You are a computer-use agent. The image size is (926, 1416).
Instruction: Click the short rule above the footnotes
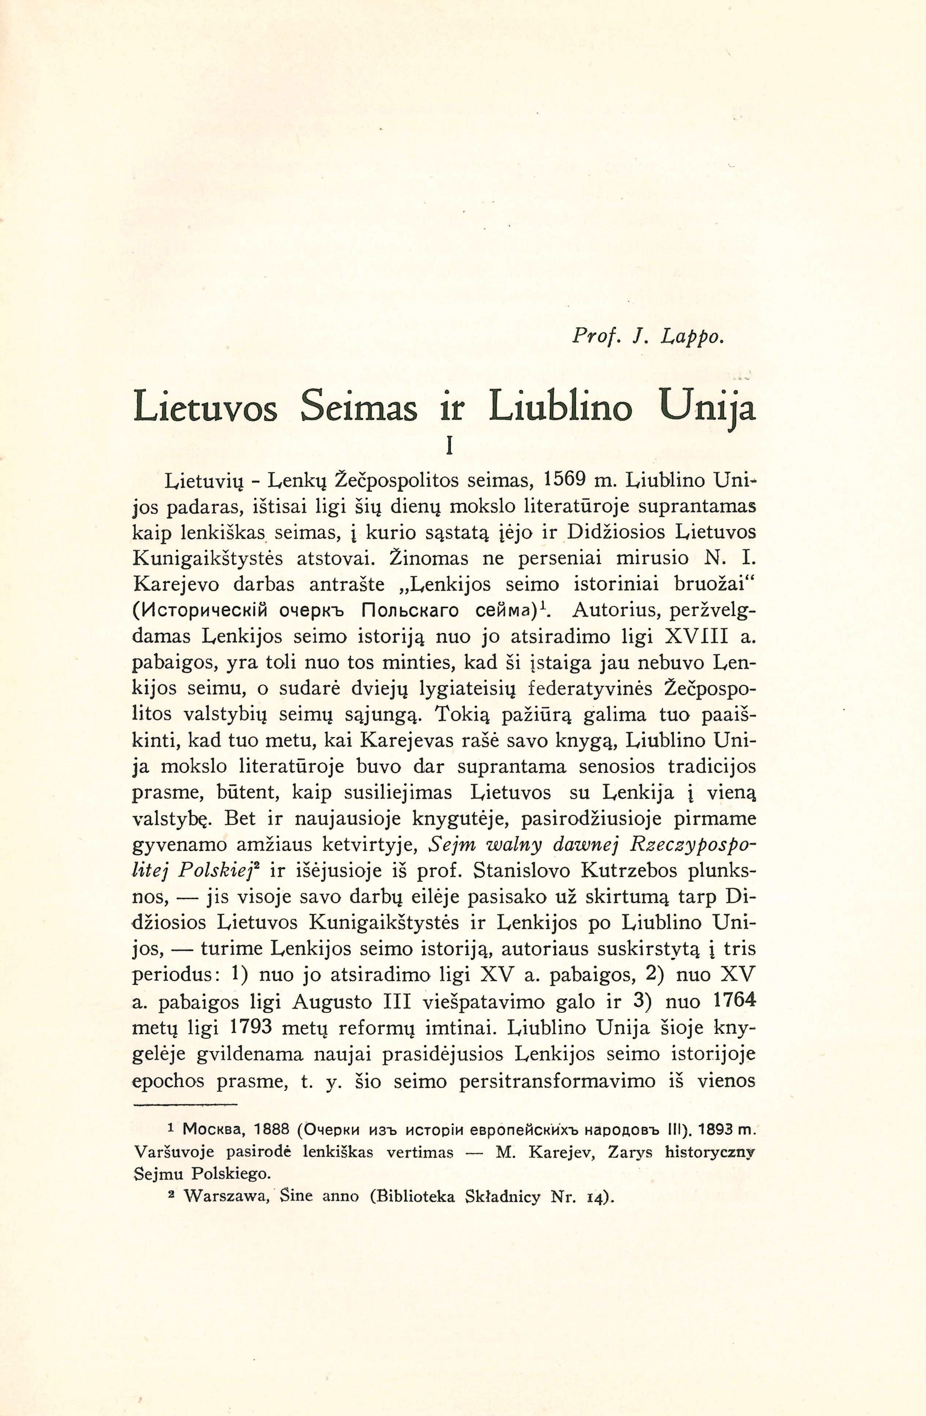pos(186,1105)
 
